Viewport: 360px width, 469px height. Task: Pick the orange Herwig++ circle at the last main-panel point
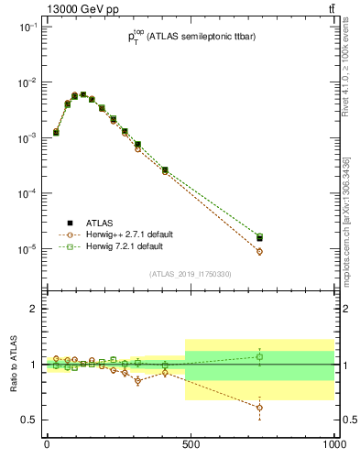pos(259,251)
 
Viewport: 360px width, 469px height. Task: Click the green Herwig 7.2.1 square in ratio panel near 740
pos(259,356)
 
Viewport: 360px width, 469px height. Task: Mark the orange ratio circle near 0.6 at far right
pos(259,408)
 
